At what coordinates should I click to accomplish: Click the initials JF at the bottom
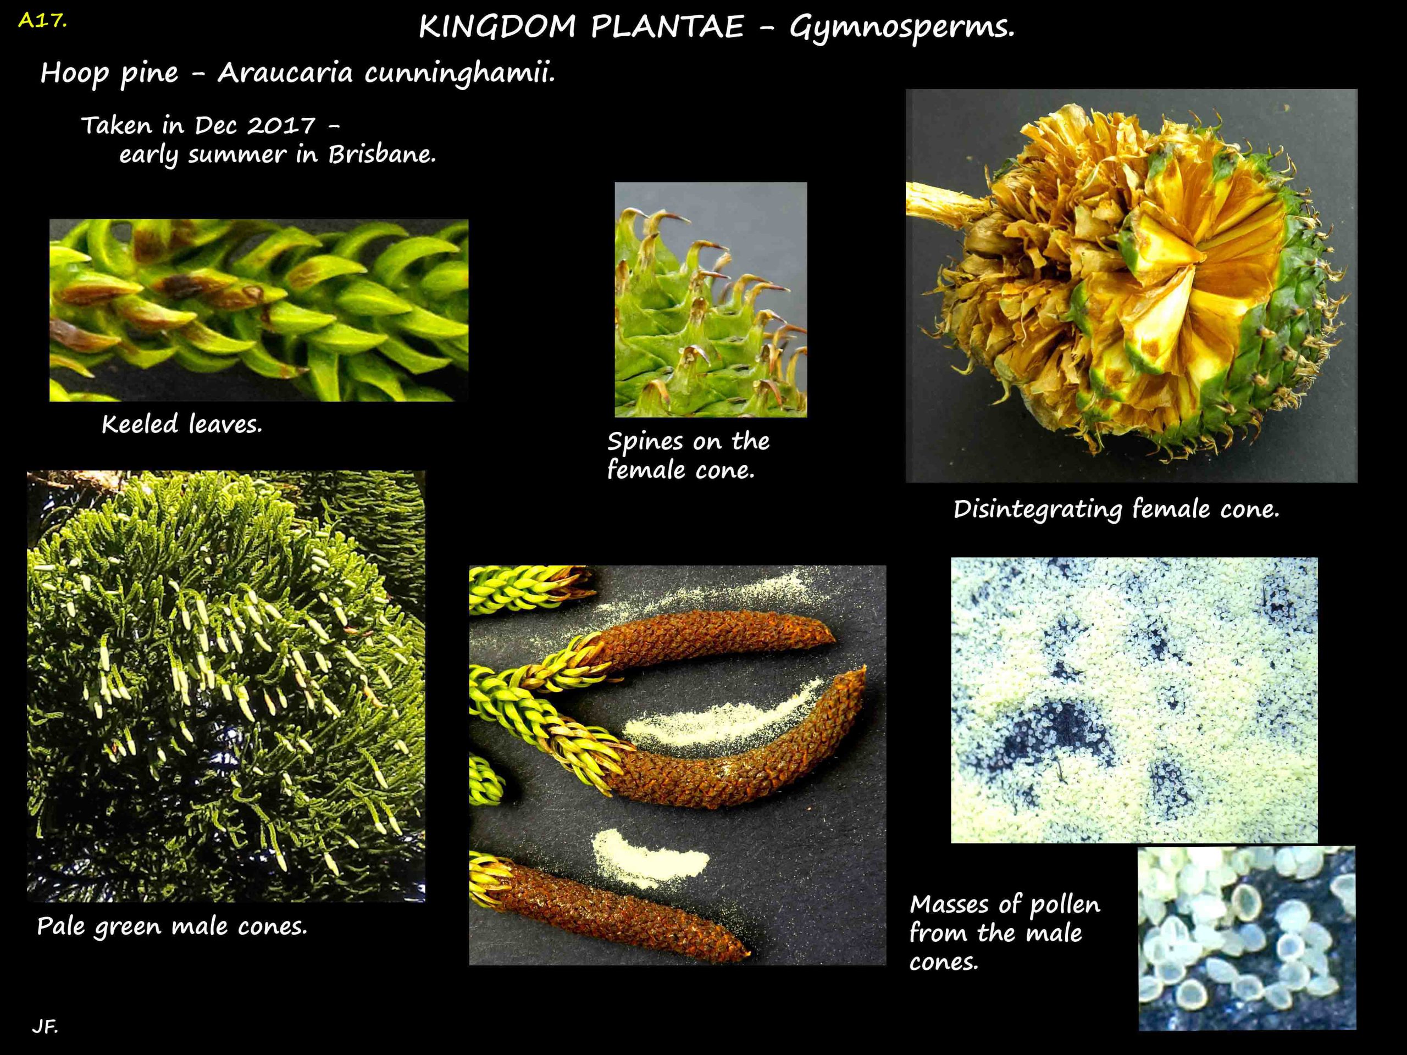(45, 1026)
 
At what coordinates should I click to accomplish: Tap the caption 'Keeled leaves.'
(182, 424)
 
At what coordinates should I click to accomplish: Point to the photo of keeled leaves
(259, 310)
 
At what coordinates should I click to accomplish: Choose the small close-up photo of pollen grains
(1247, 937)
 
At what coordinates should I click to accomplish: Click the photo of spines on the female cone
(711, 299)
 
